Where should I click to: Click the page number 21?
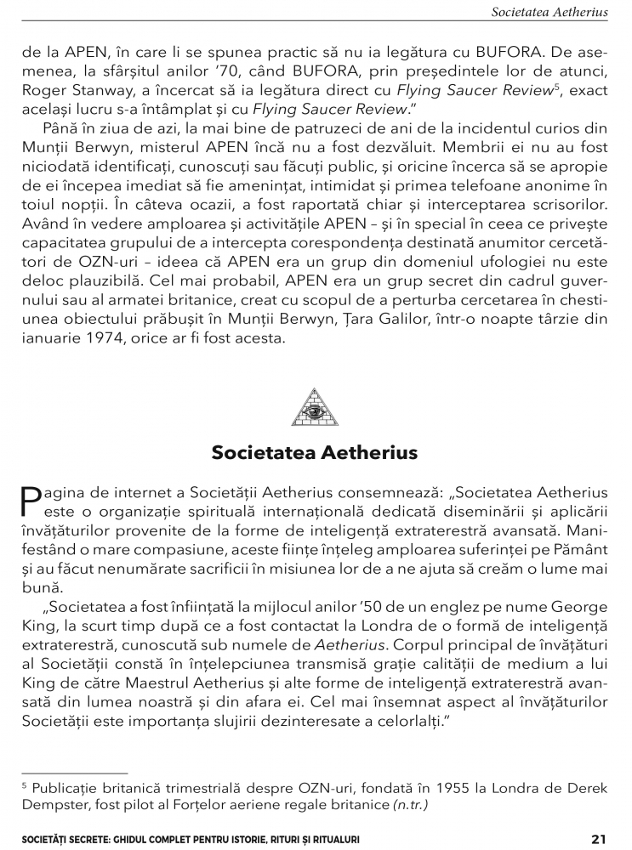point(599,839)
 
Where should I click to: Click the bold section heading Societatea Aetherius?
point(315,453)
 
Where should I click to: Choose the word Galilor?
point(411,318)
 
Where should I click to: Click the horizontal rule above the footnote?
point(74,773)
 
